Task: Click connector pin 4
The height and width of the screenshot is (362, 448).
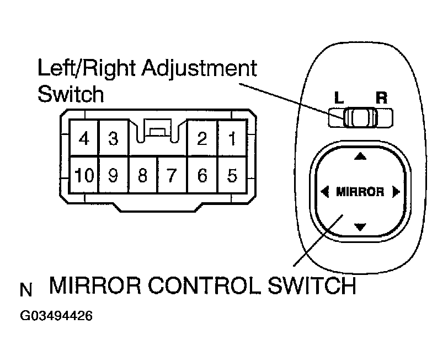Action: coord(84,138)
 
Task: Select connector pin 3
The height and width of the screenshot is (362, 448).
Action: coord(113,138)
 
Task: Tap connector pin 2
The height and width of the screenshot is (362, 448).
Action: coord(202,138)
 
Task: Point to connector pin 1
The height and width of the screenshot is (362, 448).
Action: coord(232,138)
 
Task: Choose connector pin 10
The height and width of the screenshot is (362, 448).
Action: coord(84,175)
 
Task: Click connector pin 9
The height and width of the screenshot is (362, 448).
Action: coord(113,175)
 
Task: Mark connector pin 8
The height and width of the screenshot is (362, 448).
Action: coord(142,175)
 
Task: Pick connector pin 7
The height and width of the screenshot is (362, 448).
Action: coord(172,175)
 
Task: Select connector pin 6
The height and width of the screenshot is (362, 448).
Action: coord(202,175)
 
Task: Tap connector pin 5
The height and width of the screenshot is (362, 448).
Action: coord(232,175)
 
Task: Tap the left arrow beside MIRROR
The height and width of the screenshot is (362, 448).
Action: coord(324,192)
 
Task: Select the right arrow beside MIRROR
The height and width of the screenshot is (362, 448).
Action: coord(395,192)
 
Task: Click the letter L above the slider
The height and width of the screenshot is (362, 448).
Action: coord(338,99)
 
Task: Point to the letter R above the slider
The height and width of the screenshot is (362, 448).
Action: coord(381,99)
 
